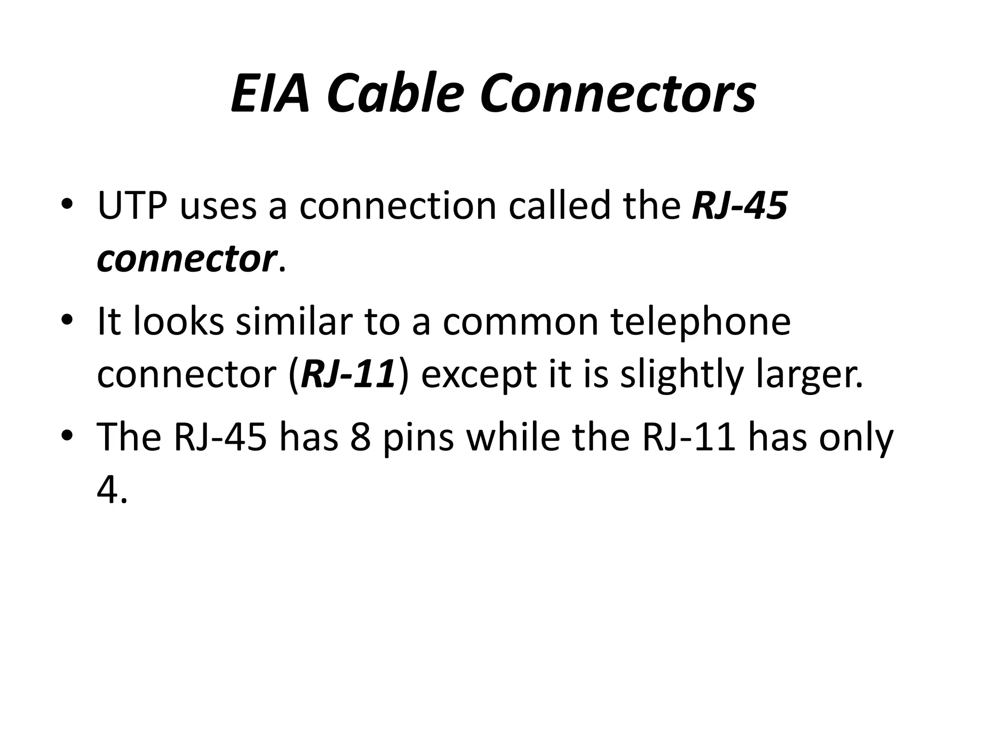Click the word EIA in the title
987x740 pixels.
[270, 92]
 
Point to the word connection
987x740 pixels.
[398, 206]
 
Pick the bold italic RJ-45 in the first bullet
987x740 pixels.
[740, 206]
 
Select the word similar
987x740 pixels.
[294, 321]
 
